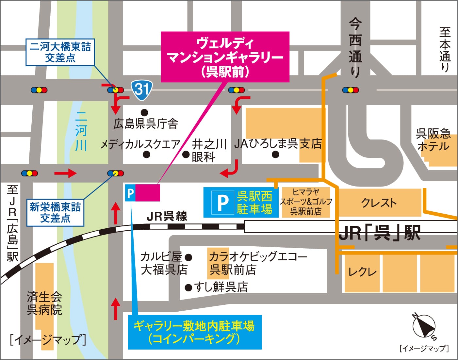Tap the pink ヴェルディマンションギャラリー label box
coord(225,57)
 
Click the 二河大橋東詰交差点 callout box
coord(60,52)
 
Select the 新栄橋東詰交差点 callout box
coord(55,212)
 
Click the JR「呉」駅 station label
coord(379,233)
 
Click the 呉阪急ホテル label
coord(433,140)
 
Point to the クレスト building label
coord(379,203)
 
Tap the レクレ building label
coord(362,272)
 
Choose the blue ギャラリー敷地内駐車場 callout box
coord(195,332)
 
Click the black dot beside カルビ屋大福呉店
coord(188,257)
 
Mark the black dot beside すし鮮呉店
coord(188,287)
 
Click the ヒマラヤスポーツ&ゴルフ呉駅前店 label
coord(306,202)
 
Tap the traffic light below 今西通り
coord(350,90)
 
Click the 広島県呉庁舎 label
coord(146,124)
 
